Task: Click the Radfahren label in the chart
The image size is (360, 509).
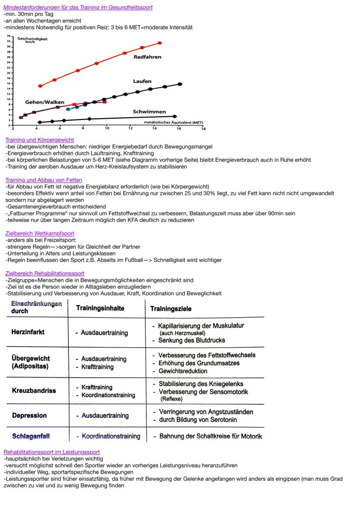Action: tap(147, 57)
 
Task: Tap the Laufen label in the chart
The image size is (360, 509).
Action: tap(142, 81)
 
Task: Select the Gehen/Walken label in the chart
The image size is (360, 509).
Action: tap(45, 102)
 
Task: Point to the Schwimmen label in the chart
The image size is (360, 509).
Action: tap(149, 112)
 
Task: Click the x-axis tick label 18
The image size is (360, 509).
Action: tap(203, 129)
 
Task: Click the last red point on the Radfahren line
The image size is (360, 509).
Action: tap(160, 43)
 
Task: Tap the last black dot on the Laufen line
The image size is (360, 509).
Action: tap(180, 84)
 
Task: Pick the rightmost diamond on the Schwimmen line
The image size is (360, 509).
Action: tap(175, 116)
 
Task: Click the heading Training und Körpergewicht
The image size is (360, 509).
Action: tap(40, 140)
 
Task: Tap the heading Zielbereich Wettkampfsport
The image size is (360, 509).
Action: tap(40, 233)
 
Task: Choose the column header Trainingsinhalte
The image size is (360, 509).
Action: tap(100, 308)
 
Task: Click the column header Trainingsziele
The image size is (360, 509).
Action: tap(170, 309)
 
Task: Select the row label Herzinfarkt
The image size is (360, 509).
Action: tap(28, 332)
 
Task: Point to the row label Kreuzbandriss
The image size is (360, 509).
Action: tap(34, 391)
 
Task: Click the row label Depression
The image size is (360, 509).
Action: tap(29, 416)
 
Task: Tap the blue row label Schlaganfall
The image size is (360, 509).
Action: tap(31, 436)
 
